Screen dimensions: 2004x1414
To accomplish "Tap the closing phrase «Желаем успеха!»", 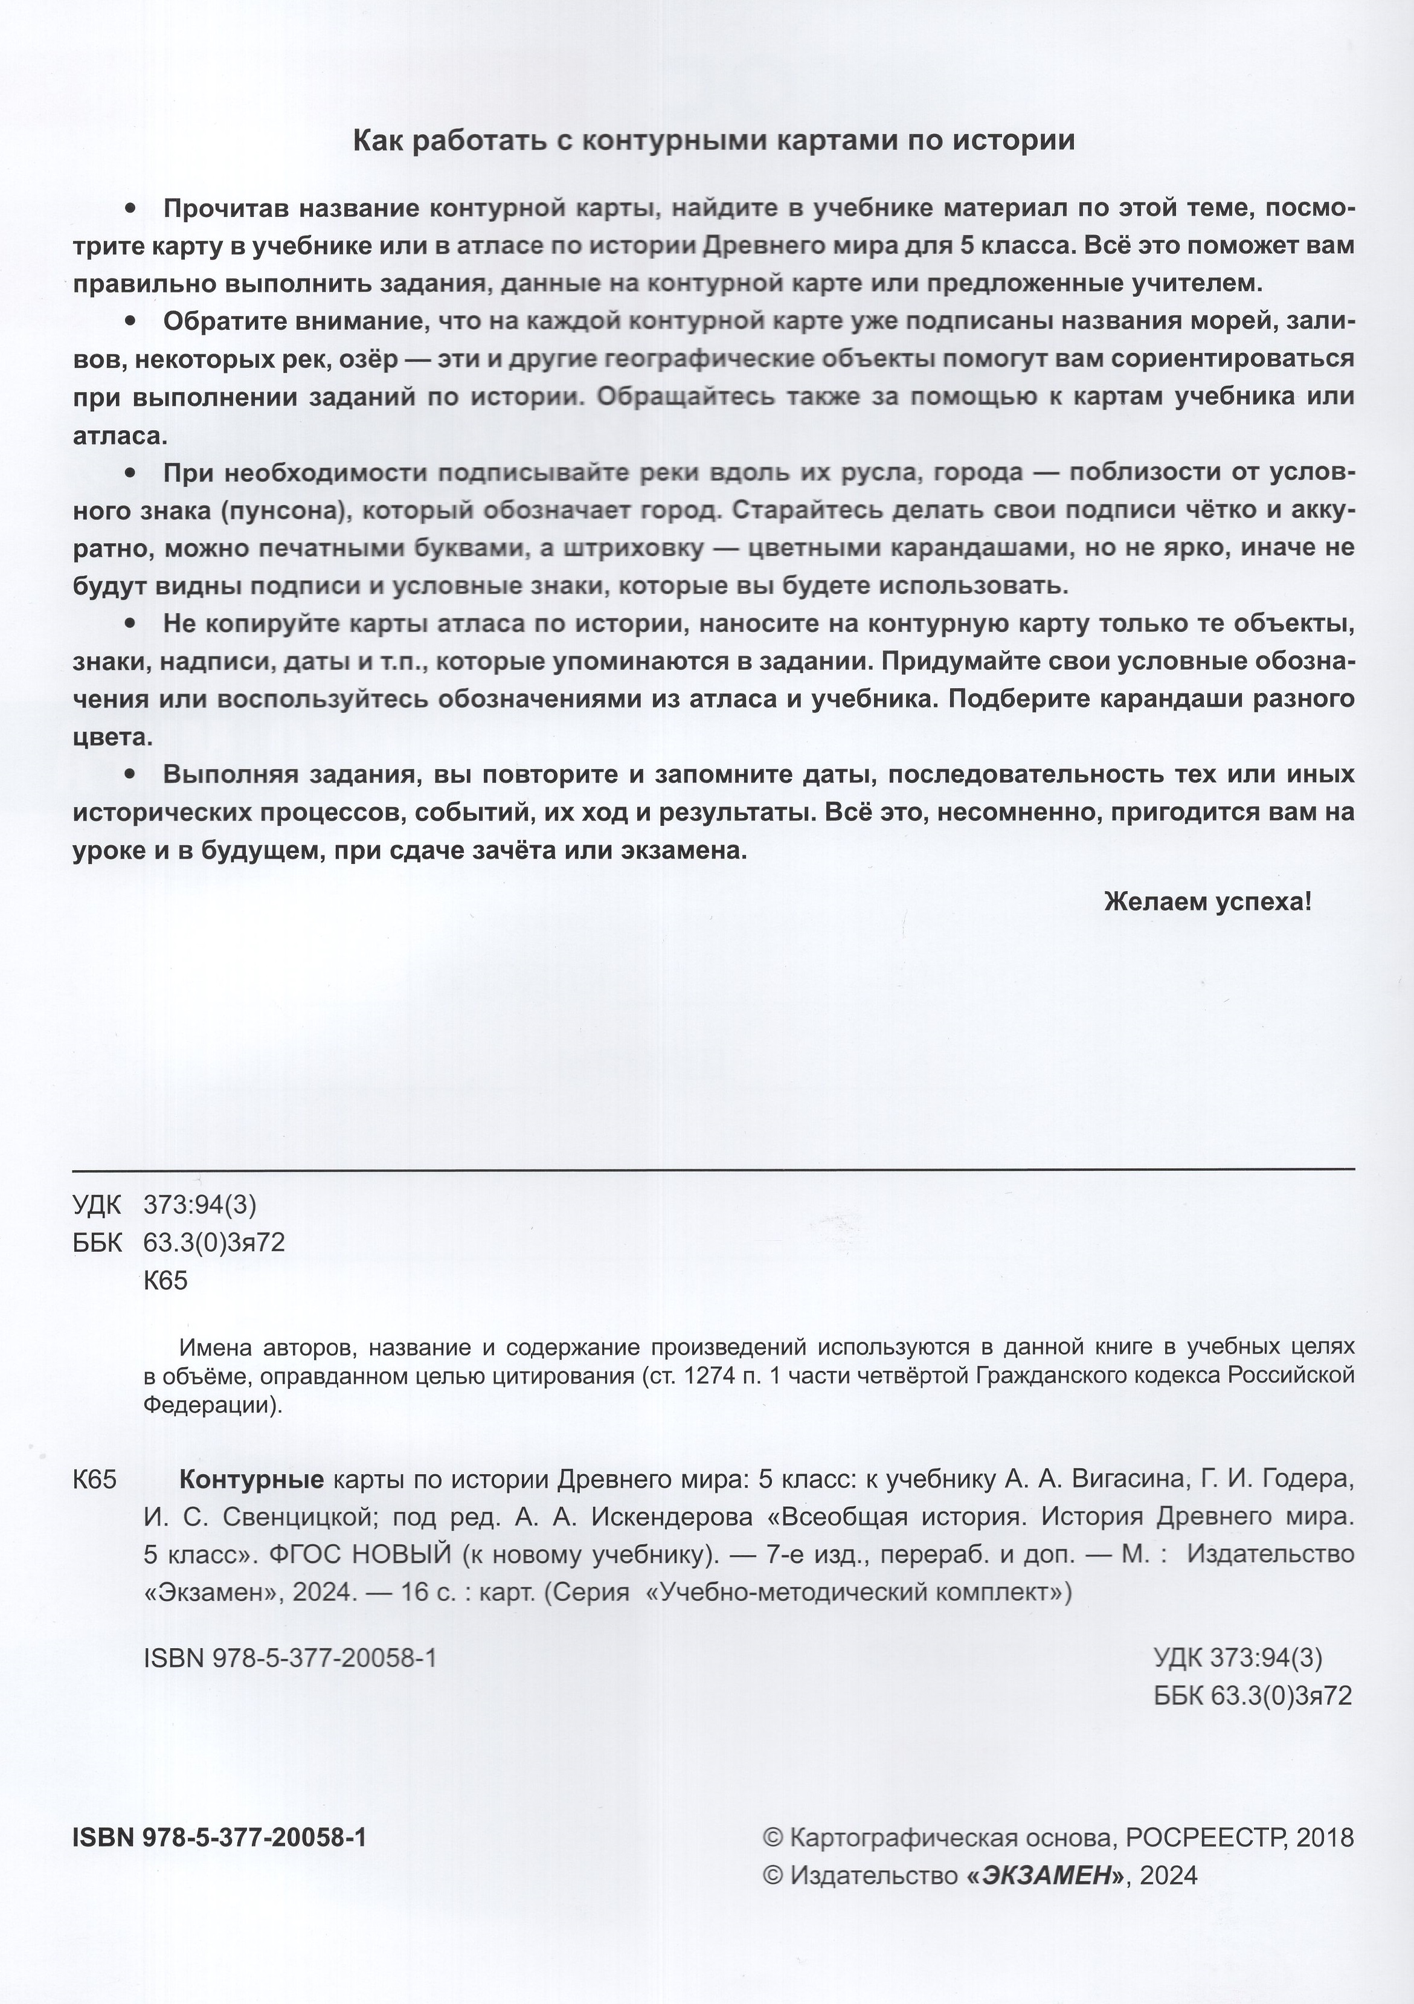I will (1207, 901).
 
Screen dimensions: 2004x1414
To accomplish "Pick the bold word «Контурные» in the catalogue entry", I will (251, 1480).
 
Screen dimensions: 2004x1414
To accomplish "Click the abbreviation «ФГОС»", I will (300, 1555).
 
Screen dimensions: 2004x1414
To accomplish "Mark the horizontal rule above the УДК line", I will (713, 1168).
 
